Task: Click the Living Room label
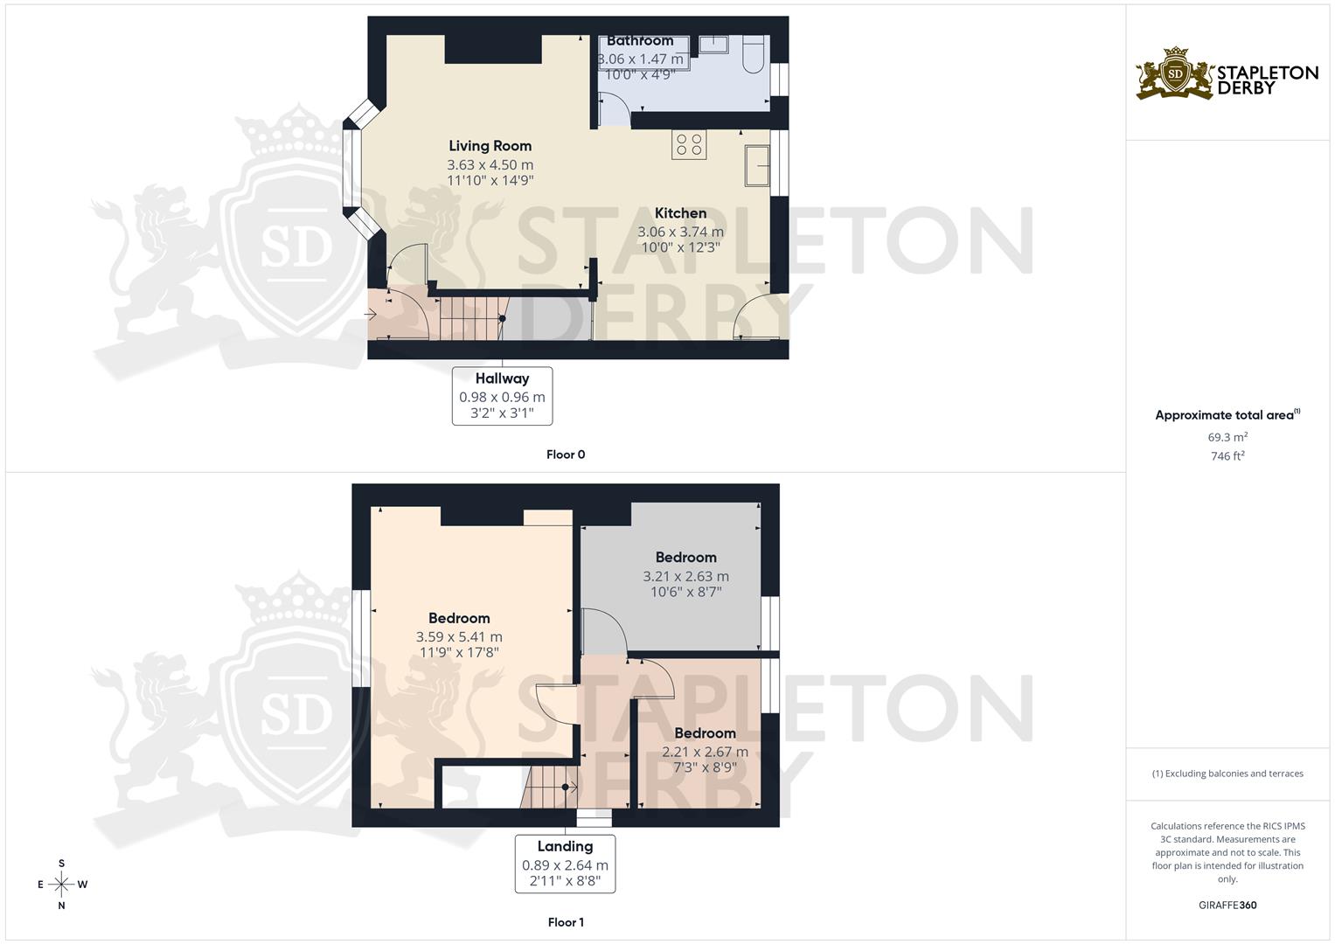[490, 146]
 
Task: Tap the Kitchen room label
[680, 213]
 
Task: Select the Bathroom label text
[640, 41]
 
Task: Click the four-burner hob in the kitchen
[689, 144]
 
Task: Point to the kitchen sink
[757, 166]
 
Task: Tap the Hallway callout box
[502, 396]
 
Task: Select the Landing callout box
[565, 864]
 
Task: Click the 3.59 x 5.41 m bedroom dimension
[460, 637]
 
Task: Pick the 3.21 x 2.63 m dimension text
[685, 577]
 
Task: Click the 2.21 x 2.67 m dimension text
[705, 752]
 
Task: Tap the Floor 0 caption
[566, 455]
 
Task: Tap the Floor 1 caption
[566, 922]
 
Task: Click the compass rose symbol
[61, 885]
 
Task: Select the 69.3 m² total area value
[1227, 437]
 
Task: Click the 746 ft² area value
[1227, 456]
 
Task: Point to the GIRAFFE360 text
[1227, 906]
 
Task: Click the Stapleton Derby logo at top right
[1227, 75]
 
